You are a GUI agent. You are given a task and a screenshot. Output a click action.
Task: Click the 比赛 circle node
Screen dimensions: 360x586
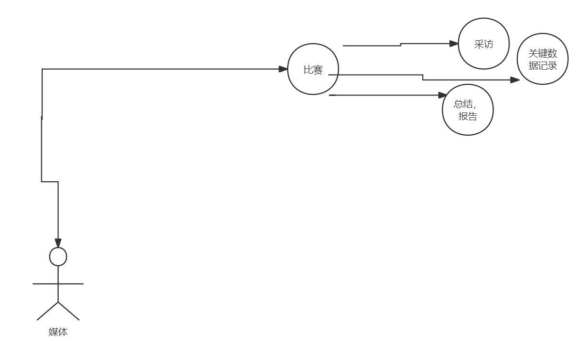(313, 69)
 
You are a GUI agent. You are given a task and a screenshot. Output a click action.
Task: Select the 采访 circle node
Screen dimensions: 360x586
(483, 44)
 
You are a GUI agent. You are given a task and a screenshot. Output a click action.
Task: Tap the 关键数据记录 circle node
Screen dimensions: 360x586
(542, 60)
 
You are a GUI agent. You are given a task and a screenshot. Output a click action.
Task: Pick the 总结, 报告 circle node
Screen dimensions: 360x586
(467, 110)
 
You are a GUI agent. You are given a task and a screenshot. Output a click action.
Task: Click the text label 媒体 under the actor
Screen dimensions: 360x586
(58, 332)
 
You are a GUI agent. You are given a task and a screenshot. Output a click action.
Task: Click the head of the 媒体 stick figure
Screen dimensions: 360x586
(58, 257)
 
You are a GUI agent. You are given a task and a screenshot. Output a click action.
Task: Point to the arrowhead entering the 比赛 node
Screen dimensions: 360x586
(283, 69)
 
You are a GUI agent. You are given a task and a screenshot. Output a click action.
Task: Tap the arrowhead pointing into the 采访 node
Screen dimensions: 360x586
(454, 44)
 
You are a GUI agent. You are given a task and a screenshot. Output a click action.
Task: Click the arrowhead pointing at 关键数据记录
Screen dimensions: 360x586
(515, 80)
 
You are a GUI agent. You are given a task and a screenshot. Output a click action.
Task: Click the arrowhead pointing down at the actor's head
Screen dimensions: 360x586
(58, 242)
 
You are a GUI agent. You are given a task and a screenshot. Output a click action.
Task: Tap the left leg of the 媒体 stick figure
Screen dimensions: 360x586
(47, 311)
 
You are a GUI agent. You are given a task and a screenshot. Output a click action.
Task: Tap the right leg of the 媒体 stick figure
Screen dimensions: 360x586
(69, 311)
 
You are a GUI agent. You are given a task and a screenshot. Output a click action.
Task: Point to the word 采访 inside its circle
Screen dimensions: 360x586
(483, 44)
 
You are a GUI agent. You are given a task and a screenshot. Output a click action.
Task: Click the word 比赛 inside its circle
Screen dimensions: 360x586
(313, 70)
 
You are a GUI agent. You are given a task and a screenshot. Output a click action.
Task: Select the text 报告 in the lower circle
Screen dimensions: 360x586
(467, 116)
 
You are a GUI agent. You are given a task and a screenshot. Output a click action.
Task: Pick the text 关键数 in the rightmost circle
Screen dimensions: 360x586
(542, 54)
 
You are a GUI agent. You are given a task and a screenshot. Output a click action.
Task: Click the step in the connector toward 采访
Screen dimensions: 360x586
(401, 45)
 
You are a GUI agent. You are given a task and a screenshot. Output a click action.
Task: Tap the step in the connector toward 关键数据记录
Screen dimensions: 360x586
(423, 78)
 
